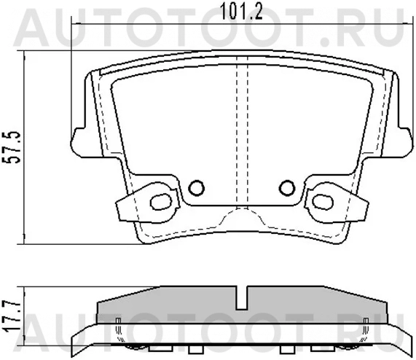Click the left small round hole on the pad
point(195,189)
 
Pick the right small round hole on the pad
point(288,189)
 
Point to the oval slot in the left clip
point(159,200)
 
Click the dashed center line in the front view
point(242,131)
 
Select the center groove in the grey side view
point(242,297)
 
